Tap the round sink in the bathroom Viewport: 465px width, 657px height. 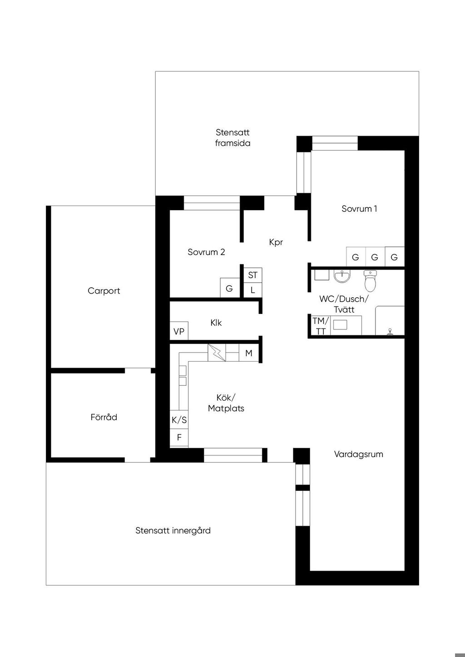coord(342,276)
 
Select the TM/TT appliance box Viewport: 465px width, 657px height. coord(320,326)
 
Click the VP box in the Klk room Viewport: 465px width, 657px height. coord(179,331)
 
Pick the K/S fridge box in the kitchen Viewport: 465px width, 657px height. coord(179,420)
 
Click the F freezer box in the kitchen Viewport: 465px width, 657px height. coord(179,438)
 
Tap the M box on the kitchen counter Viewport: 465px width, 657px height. coord(248,353)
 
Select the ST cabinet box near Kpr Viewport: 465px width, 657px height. coord(252,275)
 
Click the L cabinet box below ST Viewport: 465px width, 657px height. coord(252,290)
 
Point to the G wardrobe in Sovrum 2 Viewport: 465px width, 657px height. coord(229,288)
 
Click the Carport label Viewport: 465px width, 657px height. coord(104,291)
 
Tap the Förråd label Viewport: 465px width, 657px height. coord(104,417)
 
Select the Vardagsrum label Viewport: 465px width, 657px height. coord(358,454)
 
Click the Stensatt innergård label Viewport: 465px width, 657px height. coord(173,530)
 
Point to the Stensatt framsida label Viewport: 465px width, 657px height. coord(232,137)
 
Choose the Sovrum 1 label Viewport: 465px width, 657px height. coord(359,209)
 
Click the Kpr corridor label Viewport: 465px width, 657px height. coord(276,242)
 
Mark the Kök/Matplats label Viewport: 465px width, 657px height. coord(226,403)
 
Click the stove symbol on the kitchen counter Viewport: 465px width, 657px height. coord(217,353)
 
